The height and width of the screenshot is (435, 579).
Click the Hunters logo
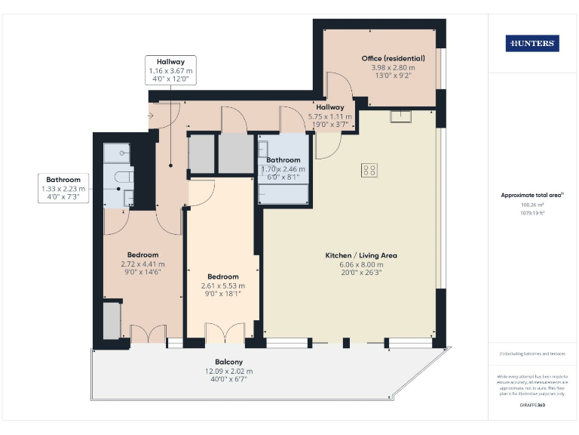(532, 43)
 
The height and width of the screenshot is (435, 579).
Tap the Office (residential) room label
(393, 58)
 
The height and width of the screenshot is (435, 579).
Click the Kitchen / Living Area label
(361, 255)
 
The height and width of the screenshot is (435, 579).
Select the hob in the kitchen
(369, 170)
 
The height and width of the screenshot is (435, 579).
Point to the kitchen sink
(400, 116)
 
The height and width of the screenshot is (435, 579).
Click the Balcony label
(228, 362)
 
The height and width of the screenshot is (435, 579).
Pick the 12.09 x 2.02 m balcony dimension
(228, 371)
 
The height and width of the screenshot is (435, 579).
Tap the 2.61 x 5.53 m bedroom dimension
(223, 286)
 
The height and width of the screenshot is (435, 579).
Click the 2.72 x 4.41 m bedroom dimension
(142, 264)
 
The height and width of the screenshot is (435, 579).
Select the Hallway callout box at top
(170, 69)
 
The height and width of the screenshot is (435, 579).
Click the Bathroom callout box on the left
(63, 188)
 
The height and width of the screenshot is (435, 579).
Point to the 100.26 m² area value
(532, 205)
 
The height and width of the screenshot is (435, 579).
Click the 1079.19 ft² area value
(532, 213)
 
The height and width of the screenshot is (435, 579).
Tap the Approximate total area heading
(532, 195)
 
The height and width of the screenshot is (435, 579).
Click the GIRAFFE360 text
(532, 406)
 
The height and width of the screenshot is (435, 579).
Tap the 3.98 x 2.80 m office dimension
(393, 67)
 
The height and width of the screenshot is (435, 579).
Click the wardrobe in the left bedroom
(112, 320)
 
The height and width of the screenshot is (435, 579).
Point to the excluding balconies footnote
(532, 354)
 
